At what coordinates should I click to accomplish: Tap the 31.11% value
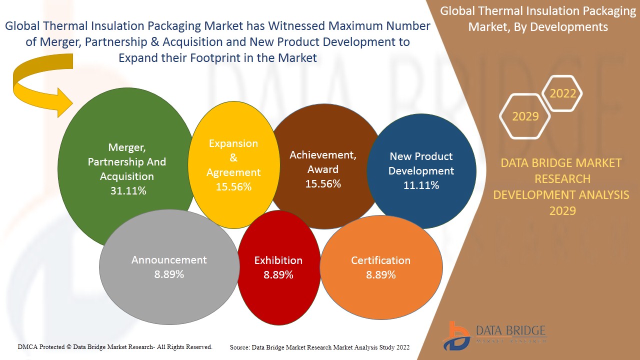(x=128, y=190)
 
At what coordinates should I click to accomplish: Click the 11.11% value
(x=421, y=185)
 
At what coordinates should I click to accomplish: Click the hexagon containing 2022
(x=562, y=93)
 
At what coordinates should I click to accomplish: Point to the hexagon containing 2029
(x=525, y=116)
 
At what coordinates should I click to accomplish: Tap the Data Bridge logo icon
(x=456, y=335)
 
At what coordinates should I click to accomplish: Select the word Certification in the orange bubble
(x=380, y=260)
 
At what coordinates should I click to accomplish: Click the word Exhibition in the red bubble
(x=278, y=260)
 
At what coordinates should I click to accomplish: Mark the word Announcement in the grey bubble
(x=169, y=260)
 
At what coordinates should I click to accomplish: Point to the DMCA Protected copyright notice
(x=115, y=346)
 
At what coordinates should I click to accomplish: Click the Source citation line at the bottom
(x=319, y=347)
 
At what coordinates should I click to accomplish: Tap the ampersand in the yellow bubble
(x=233, y=158)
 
